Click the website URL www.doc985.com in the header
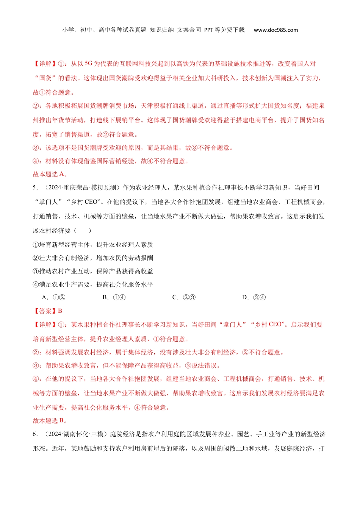pos(275,30)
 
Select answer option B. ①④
pos(114,297)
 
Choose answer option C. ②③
pos(184,297)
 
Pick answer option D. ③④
pos(254,297)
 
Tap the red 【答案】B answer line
pos(48,311)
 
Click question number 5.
pos(35,188)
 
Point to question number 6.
pos(35,434)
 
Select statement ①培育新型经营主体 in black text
pos(93,245)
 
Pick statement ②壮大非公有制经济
pos(93,258)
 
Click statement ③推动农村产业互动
pos(93,271)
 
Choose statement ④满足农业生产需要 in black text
pos(93,284)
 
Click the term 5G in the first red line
pos(88,64)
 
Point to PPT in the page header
pos(208,30)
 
